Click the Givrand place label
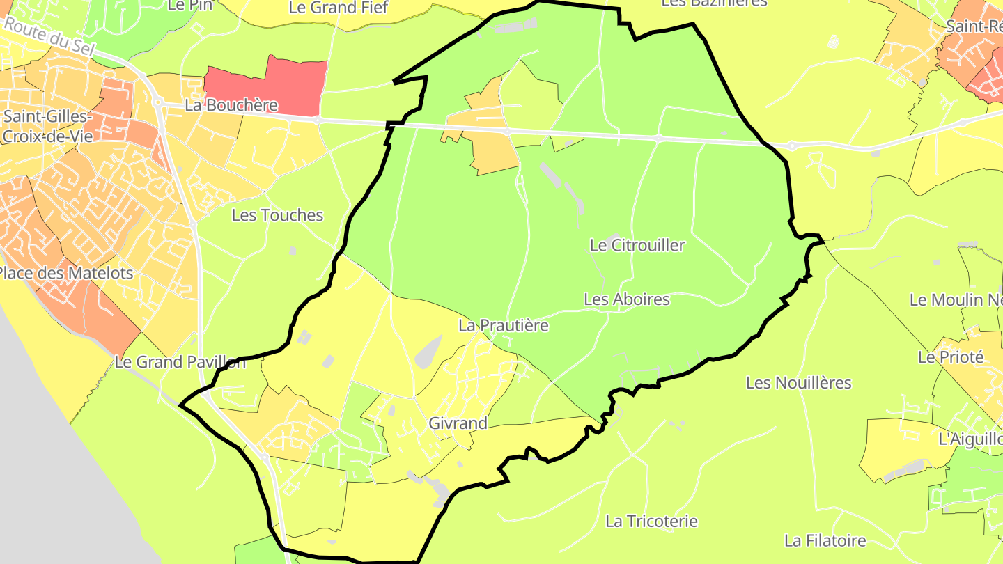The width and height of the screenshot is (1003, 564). coord(458,423)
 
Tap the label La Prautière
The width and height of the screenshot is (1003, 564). coord(503,325)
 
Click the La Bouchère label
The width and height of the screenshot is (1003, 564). coord(231,106)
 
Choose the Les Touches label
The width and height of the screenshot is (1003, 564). coord(277,215)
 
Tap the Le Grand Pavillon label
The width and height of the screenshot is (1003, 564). coord(180,362)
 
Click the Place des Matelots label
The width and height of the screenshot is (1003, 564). coord(66,273)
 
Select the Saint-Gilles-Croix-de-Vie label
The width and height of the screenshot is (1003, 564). coord(46,125)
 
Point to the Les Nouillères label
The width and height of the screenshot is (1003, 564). coord(798,383)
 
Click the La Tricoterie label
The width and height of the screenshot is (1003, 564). coord(651,521)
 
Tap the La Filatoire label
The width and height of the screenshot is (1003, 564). coord(825,540)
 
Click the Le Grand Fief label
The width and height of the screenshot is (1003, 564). coord(338,8)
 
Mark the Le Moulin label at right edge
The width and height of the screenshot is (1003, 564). coord(956,300)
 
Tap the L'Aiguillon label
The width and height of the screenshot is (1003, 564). coord(970,439)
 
